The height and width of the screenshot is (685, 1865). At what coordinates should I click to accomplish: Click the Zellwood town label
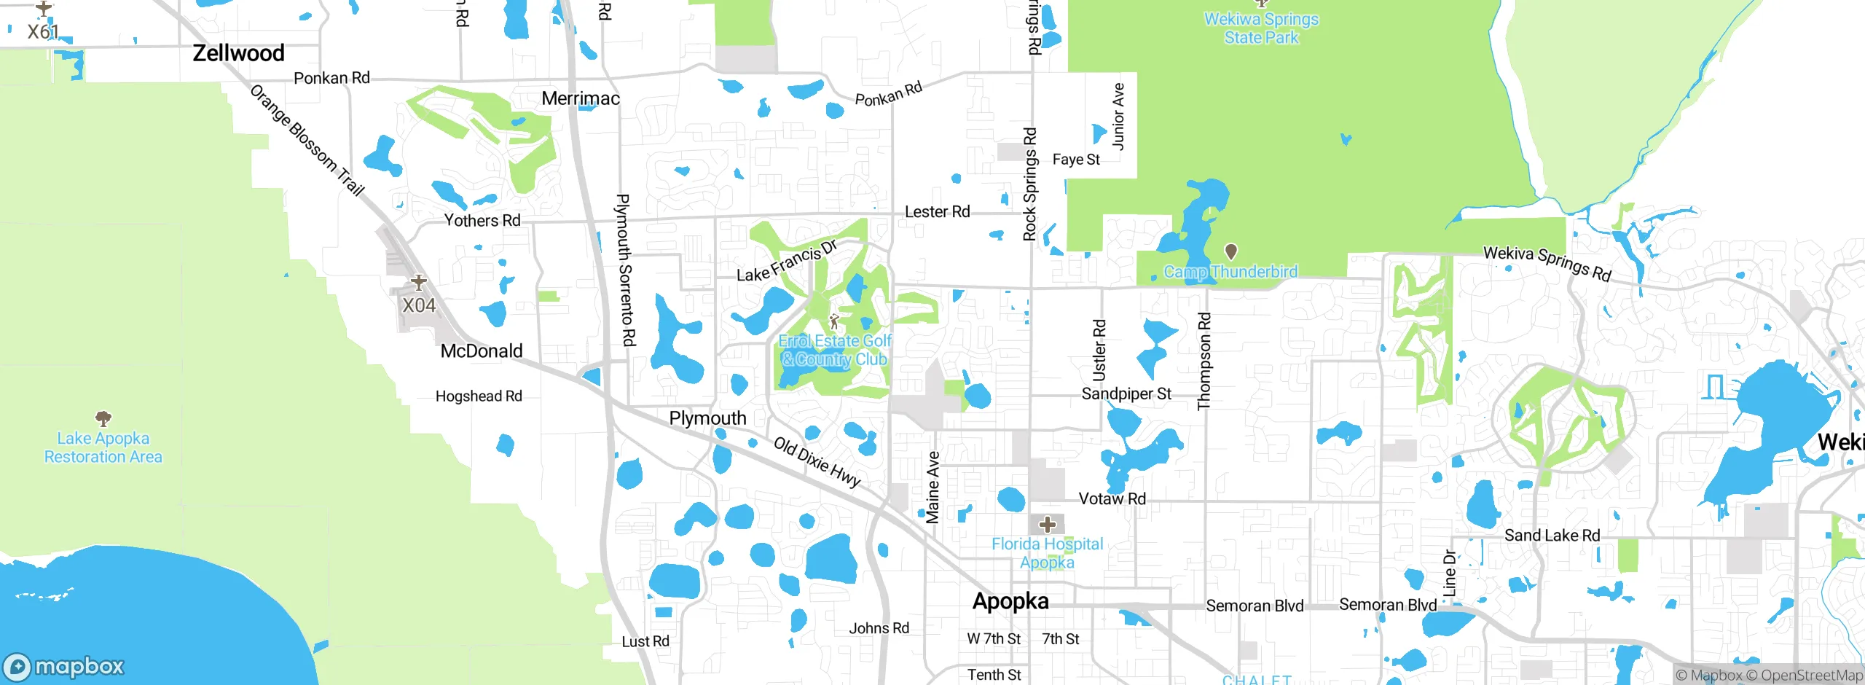click(238, 53)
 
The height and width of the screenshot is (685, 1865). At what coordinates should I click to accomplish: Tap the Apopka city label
click(1010, 601)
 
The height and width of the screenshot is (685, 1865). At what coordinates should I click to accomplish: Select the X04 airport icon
click(419, 282)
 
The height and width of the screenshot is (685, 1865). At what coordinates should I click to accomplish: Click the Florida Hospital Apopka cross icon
click(1048, 524)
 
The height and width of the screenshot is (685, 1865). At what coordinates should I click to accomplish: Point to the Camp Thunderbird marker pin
click(1231, 251)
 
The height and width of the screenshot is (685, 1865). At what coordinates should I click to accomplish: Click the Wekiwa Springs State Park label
click(1261, 28)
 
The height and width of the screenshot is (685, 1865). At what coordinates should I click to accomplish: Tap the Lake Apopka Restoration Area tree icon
click(103, 418)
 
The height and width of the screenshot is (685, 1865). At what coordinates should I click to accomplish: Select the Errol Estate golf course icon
click(835, 321)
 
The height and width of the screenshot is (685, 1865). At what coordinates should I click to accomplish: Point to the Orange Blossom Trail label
click(307, 141)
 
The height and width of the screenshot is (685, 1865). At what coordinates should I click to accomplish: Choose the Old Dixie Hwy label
click(817, 462)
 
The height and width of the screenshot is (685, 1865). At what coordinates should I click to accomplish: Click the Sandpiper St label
click(1126, 394)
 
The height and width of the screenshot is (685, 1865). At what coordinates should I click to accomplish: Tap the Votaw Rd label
click(1112, 498)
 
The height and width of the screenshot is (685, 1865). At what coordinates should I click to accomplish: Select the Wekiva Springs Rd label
click(1547, 263)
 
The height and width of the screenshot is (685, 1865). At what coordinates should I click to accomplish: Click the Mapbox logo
click(64, 667)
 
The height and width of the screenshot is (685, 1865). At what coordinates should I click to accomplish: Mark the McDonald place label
click(482, 351)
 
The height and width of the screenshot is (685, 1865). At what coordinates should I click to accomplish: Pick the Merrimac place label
click(581, 98)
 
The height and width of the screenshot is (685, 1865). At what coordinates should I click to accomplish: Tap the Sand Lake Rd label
click(1552, 536)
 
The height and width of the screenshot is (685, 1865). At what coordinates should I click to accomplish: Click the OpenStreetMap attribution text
click(1811, 676)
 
